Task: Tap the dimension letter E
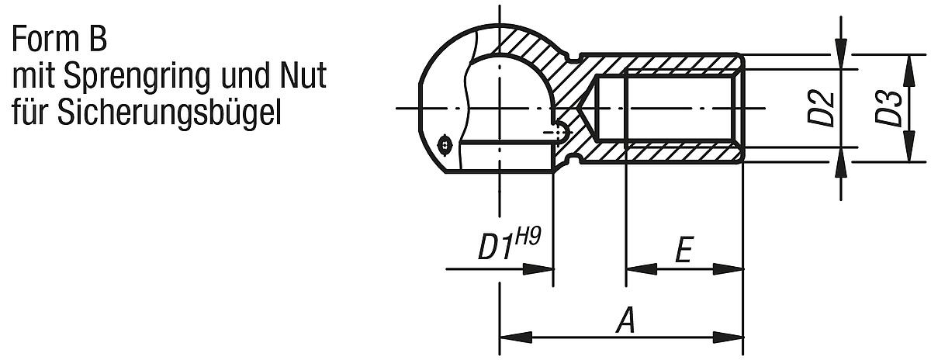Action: click(x=684, y=252)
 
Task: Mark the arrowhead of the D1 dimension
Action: click(x=538, y=269)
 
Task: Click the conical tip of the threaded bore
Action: click(x=587, y=108)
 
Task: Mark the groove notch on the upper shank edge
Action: click(x=573, y=57)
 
